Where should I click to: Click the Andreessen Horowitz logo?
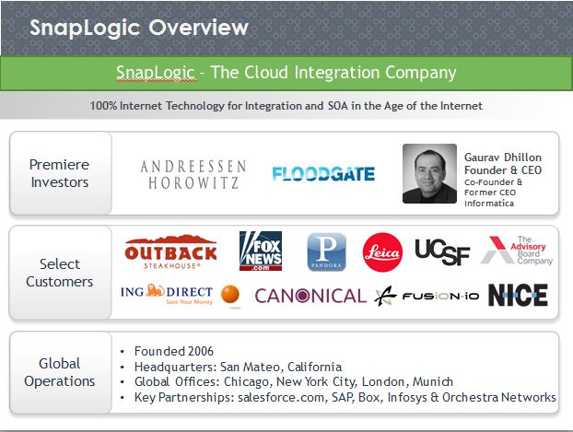point(193,174)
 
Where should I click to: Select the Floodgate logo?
point(323,174)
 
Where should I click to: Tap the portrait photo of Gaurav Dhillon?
point(429,173)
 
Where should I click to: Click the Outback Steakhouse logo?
point(170,251)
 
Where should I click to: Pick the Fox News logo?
point(261,251)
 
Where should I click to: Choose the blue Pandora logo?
point(326,251)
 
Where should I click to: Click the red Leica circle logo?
point(382,252)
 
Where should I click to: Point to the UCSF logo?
point(442,251)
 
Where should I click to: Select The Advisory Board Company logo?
point(517,251)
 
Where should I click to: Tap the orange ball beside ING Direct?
point(230,294)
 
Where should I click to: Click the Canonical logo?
point(310,296)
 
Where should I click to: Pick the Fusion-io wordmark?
point(440,296)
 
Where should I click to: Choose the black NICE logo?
point(518,295)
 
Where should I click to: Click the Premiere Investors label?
point(60,173)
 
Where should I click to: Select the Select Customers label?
point(60,273)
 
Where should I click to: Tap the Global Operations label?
point(60,372)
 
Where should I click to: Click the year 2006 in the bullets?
point(200,351)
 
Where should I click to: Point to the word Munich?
point(433,381)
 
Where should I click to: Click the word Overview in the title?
point(198,28)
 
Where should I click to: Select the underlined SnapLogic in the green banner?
point(156,72)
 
